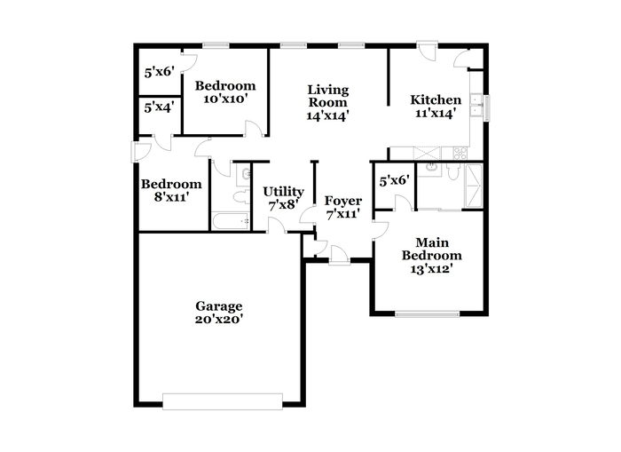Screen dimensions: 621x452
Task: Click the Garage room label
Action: [218, 306]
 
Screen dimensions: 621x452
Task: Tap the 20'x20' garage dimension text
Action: [218, 319]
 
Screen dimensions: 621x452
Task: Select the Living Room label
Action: [328, 96]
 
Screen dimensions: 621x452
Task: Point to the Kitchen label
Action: [436, 99]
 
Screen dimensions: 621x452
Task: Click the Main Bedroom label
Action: [432, 249]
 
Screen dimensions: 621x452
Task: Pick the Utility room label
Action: [284, 192]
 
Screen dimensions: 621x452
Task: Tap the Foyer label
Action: [343, 201]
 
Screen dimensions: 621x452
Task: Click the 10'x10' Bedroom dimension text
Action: [225, 99]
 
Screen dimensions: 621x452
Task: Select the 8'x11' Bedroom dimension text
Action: [170, 196]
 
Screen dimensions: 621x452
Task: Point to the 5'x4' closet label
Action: [159, 107]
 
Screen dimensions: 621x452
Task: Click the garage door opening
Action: [223, 401]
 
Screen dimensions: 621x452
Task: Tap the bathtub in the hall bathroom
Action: [231, 221]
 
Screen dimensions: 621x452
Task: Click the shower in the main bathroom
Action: [473, 186]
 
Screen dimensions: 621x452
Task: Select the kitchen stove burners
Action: [460, 154]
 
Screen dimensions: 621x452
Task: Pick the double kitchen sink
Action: [476, 106]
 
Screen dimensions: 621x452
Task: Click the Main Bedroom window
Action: [428, 314]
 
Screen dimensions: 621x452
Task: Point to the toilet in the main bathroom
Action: [452, 170]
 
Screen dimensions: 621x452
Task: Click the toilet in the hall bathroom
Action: [241, 196]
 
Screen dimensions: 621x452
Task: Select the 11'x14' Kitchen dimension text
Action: [434, 113]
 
